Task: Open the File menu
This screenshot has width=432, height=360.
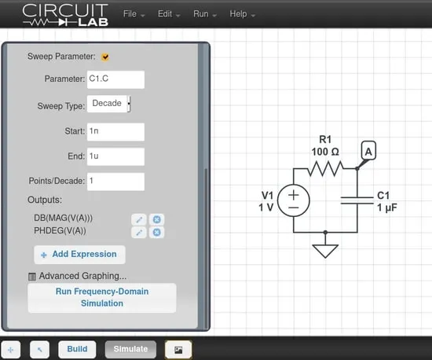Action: pyautogui.click(x=134, y=14)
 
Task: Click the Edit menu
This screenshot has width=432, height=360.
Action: pyautogui.click(x=169, y=14)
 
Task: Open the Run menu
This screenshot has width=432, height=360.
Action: pyautogui.click(x=205, y=14)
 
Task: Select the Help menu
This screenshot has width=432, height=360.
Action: pyautogui.click(x=242, y=14)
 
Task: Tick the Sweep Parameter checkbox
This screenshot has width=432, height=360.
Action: pyautogui.click(x=105, y=57)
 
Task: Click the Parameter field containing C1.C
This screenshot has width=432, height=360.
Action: pyautogui.click(x=115, y=79)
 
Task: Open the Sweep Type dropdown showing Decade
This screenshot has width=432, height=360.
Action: pyautogui.click(x=109, y=104)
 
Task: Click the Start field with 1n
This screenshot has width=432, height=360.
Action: pyautogui.click(x=115, y=132)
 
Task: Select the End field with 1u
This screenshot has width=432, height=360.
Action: pyautogui.click(x=115, y=157)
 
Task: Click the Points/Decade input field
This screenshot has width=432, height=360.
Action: pyautogui.click(x=115, y=182)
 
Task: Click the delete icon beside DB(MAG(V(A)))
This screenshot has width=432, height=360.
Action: pyautogui.click(x=157, y=219)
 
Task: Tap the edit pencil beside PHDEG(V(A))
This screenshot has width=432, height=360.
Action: pyautogui.click(x=139, y=233)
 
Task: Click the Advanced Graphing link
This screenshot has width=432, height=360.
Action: pyautogui.click(x=82, y=276)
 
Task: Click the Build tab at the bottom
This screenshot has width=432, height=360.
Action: pyautogui.click(x=77, y=349)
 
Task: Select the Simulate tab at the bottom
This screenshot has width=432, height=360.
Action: pyautogui.click(x=130, y=349)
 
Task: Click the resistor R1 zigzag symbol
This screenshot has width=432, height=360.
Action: pyautogui.click(x=325, y=168)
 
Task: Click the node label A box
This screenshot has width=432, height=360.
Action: pyautogui.click(x=368, y=151)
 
